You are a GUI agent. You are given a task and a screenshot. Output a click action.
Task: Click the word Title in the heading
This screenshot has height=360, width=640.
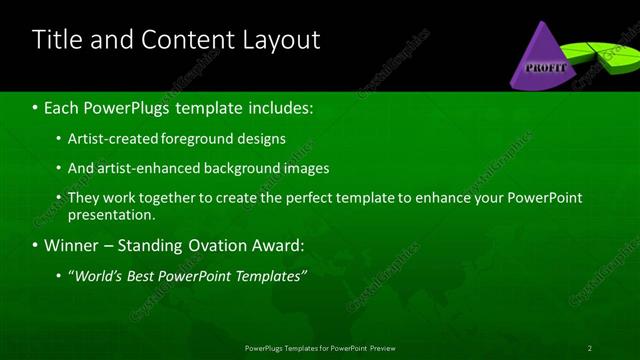(x=58, y=40)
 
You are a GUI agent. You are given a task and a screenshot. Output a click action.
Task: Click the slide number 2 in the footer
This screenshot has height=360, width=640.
(x=590, y=347)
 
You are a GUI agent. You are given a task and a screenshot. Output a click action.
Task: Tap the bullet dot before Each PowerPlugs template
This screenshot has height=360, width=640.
(x=36, y=107)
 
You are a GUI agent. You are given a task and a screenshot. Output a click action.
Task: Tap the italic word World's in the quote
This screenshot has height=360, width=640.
(x=98, y=275)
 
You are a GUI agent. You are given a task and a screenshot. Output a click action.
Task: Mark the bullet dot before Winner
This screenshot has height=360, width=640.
(x=36, y=245)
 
